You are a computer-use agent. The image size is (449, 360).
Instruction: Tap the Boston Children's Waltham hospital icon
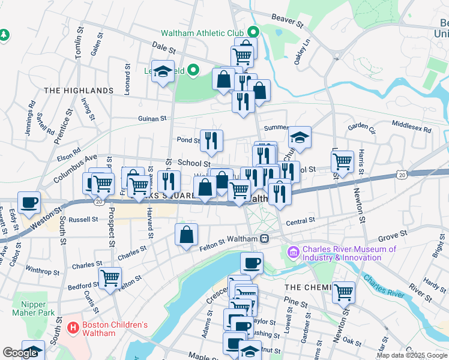click(74, 328)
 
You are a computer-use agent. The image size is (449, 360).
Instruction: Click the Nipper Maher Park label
click(33, 308)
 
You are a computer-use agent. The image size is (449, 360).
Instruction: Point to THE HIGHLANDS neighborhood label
click(79, 91)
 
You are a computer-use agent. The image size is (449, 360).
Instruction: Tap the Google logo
click(20, 353)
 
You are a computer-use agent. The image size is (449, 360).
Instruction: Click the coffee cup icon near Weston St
click(29, 202)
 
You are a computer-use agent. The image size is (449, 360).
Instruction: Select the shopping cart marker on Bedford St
click(110, 278)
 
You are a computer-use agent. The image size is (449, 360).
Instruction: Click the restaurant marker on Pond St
click(211, 140)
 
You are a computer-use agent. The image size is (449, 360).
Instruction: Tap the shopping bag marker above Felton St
click(187, 233)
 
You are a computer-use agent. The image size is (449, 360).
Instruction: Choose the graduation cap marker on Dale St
click(163, 71)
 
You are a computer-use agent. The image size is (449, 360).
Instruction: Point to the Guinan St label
click(152, 119)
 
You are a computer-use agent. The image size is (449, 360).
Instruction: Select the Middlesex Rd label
click(411, 128)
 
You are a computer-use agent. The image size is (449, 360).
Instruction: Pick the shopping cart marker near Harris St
click(342, 160)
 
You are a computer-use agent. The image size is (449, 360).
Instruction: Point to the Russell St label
click(83, 220)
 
